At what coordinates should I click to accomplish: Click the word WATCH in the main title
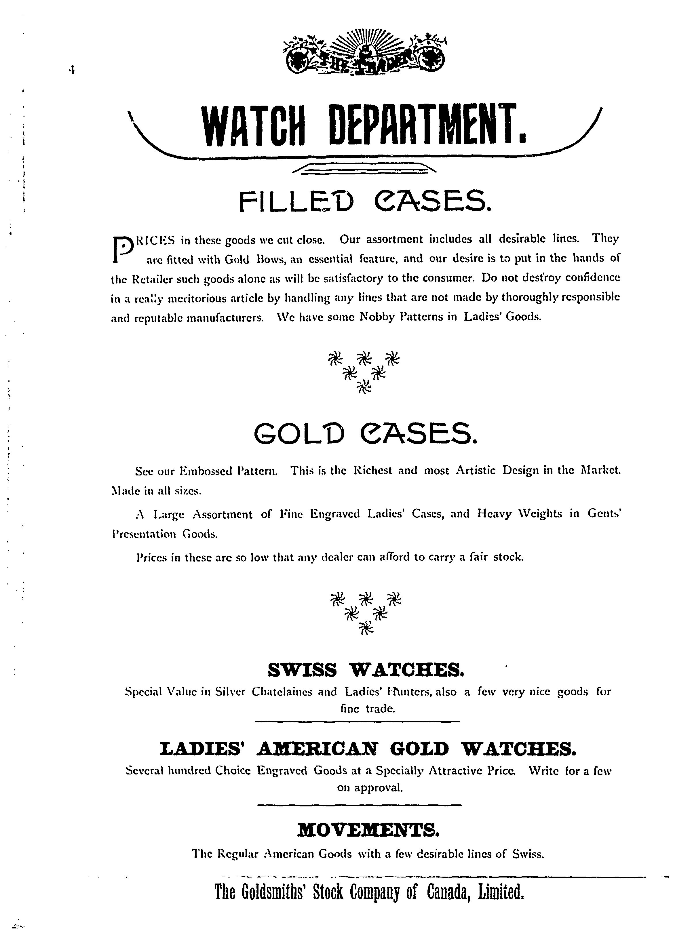coord(255,125)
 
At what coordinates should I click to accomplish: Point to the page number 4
coord(72,71)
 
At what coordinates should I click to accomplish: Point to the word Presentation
coord(144,534)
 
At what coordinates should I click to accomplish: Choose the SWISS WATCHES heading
coord(366,670)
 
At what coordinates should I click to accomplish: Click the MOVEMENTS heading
coord(368,830)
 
